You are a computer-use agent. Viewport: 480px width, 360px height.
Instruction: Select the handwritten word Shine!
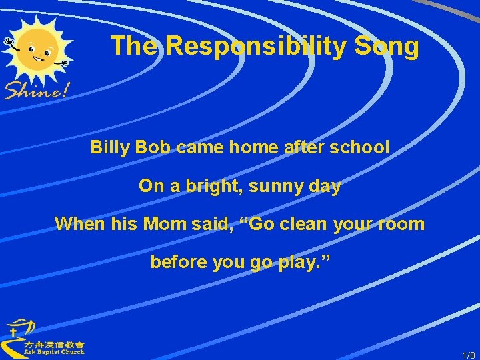(37, 89)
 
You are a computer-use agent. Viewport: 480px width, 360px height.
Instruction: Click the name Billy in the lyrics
(109, 147)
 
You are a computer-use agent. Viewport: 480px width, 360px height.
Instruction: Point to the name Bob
(153, 147)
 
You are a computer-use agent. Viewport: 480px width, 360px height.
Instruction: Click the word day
(325, 187)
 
